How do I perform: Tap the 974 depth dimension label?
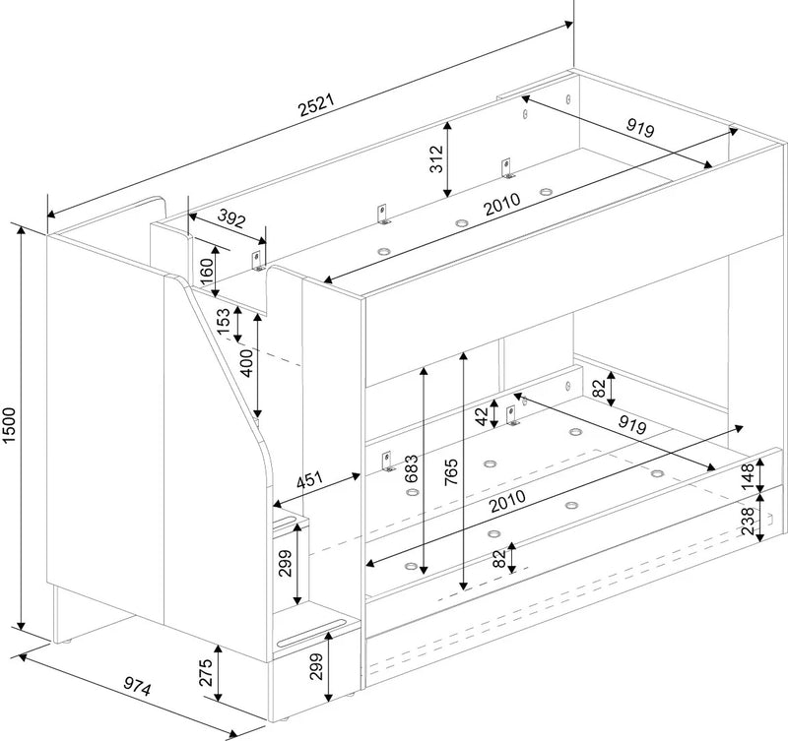137,686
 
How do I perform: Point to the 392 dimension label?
231,217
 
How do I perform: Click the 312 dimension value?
436,158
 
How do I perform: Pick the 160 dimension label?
206,271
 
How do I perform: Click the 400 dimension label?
247,363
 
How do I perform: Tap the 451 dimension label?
309,480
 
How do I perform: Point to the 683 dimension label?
411,468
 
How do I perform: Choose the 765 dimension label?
451,471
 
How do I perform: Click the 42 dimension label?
482,416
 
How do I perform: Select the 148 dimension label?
748,476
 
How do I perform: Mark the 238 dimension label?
748,521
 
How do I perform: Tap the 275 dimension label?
206,672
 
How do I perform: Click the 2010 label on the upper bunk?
502,204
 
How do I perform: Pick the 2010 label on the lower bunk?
508,501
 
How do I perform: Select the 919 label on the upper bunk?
640,128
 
